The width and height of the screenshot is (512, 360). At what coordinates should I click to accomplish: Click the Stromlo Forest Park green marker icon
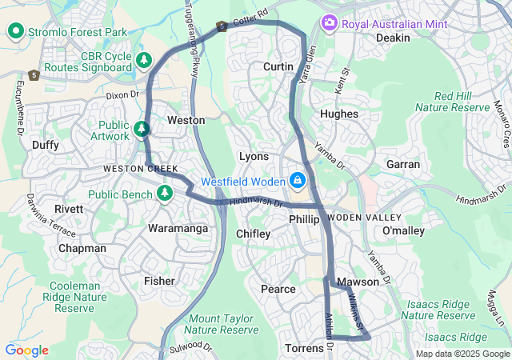coord(15,31)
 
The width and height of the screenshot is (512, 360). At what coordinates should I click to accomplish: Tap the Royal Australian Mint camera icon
coord(328,23)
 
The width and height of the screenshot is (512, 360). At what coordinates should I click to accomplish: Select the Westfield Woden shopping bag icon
coord(298,180)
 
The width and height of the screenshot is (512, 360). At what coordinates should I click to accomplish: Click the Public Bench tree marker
coord(165,193)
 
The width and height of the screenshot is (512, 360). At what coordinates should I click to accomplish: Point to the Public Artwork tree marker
coord(142,128)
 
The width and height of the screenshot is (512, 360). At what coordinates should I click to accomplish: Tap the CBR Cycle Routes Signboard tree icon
coord(144,60)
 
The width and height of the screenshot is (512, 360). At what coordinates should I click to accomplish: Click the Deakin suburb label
coord(393,38)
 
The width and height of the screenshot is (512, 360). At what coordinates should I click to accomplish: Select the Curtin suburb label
coord(278,66)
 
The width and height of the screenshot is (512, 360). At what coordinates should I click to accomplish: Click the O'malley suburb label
coord(403,231)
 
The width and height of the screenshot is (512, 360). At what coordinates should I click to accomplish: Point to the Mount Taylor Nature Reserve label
coord(222,324)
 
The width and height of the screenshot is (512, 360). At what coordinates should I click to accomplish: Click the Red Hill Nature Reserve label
coord(452,102)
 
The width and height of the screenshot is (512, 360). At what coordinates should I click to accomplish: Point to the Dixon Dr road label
coord(122,94)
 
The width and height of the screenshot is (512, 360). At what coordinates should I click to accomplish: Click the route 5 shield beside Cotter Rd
coord(221,27)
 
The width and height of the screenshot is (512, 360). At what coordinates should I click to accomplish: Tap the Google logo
coord(26,350)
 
